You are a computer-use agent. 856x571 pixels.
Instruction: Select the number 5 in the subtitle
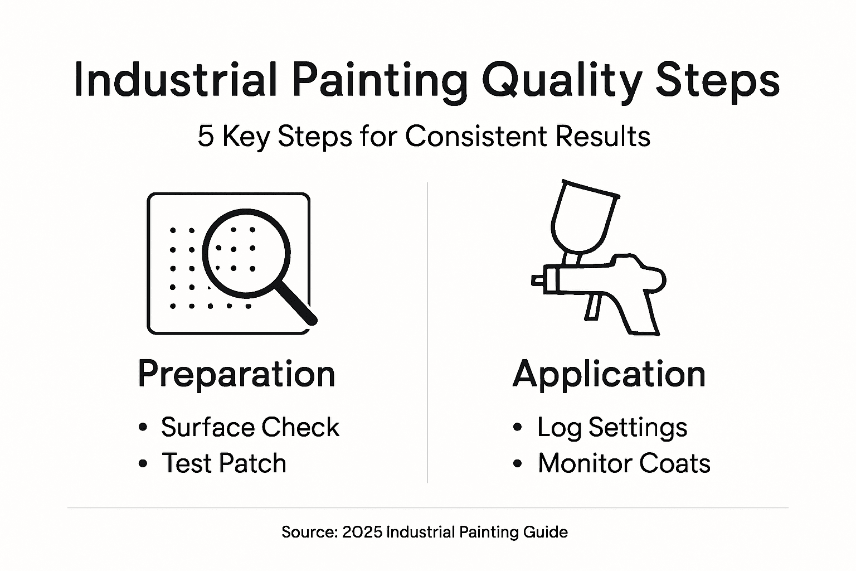click(x=206, y=137)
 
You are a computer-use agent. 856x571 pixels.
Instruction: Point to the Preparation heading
click(x=236, y=374)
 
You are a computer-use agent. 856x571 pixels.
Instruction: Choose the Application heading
click(x=609, y=374)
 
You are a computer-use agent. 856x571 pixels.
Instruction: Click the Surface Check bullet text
click(x=250, y=428)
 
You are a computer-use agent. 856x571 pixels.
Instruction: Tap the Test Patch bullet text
click(x=224, y=463)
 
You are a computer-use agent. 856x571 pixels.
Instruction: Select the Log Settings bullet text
click(x=612, y=428)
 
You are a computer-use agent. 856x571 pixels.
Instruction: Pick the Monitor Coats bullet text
click(x=624, y=463)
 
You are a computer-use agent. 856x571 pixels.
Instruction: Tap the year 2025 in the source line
click(x=362, y=532)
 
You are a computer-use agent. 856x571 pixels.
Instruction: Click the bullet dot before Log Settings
click(x=518, y=428)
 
